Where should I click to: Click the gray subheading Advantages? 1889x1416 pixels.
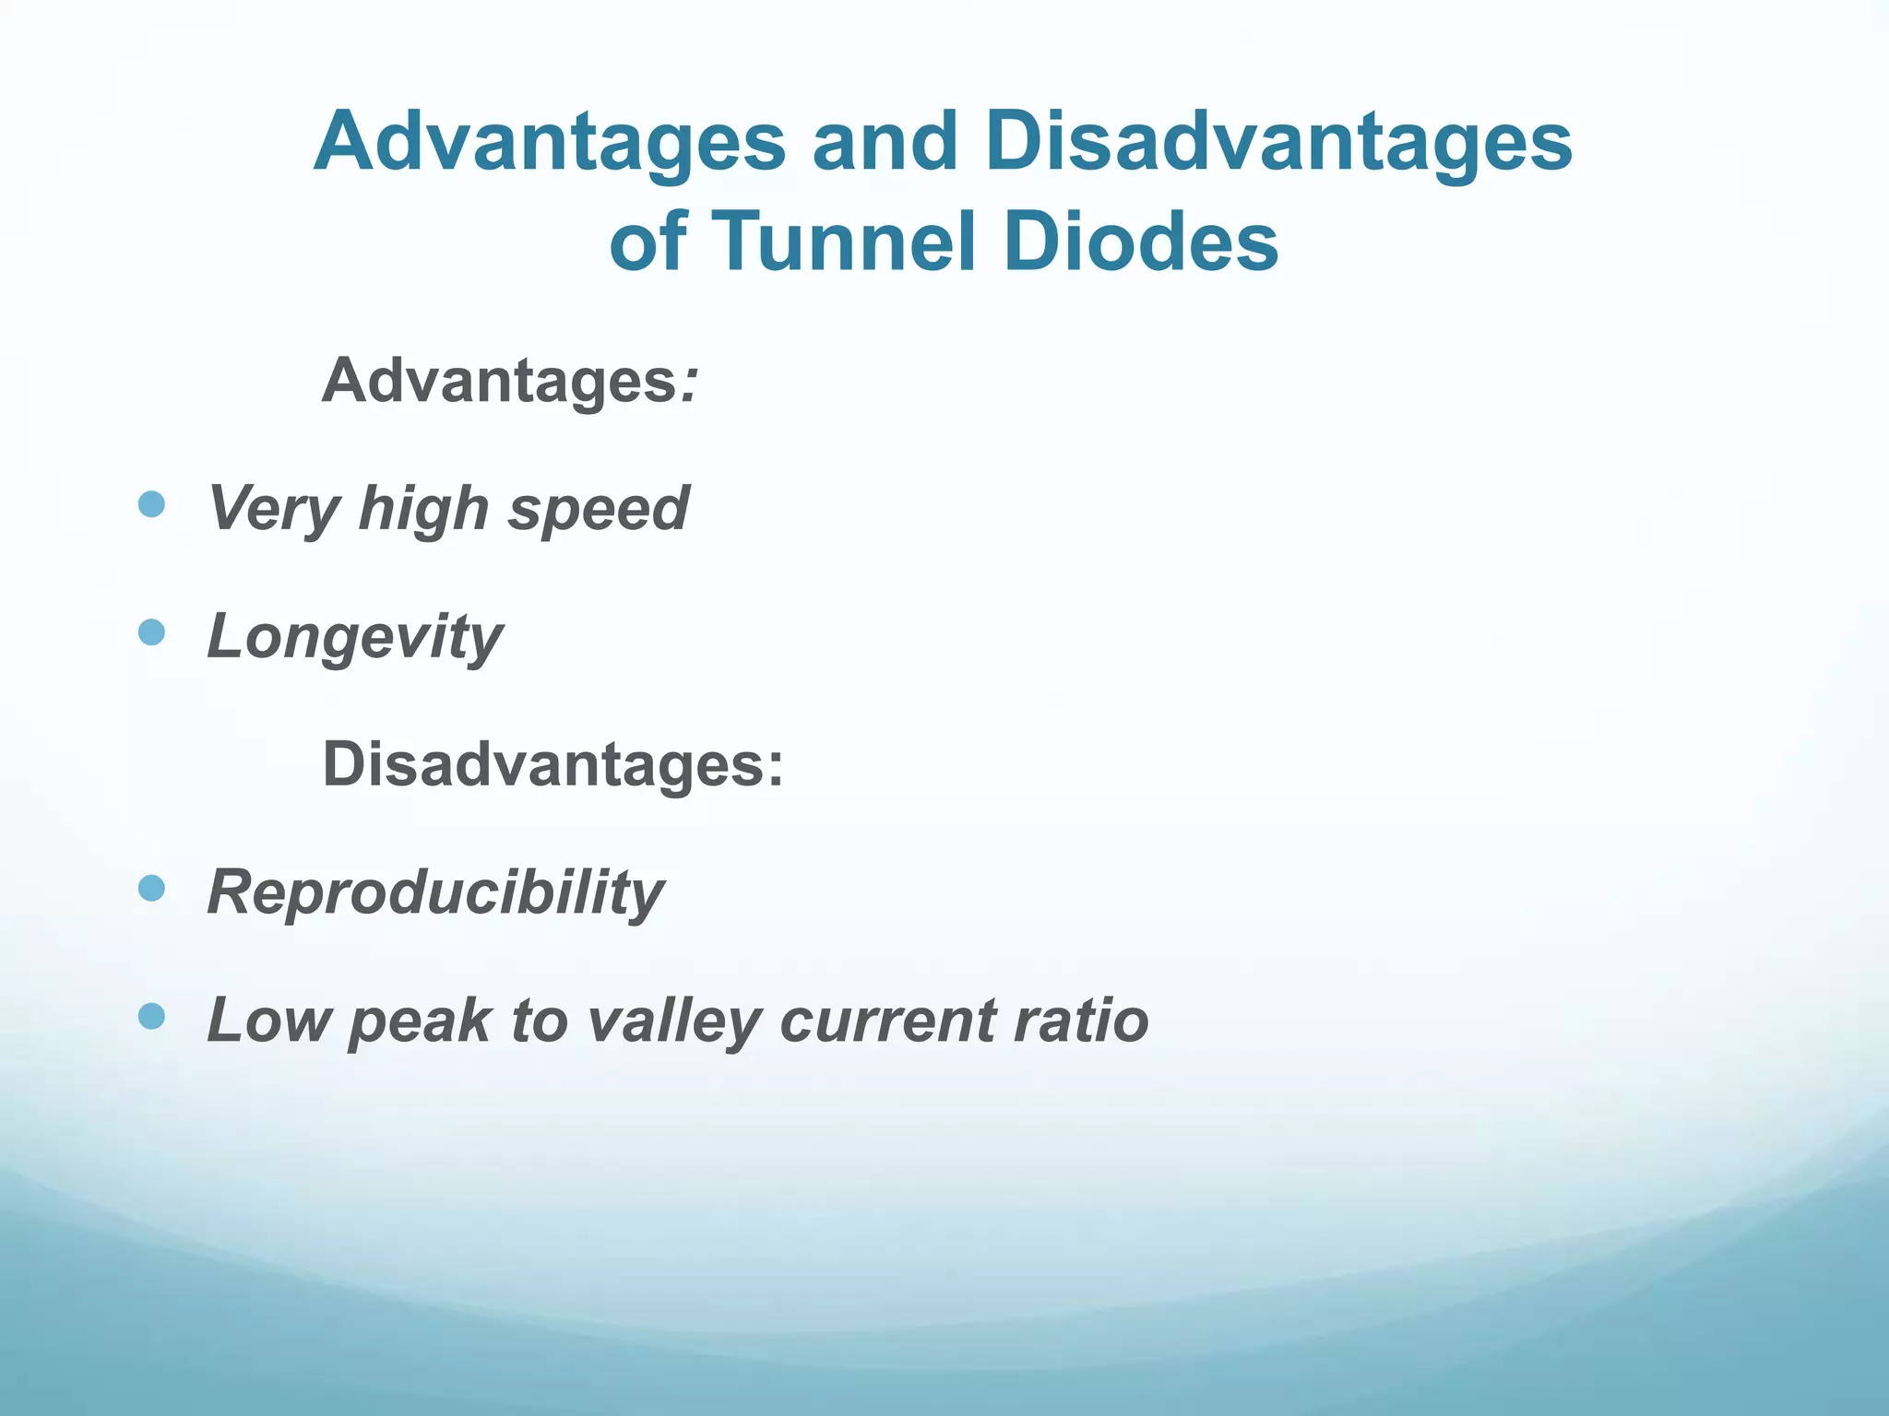point(510,380)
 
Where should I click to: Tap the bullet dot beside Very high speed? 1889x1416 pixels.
point(151,504)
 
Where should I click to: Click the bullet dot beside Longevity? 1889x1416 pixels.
point(151,632)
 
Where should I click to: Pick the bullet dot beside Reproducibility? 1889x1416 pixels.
point(151,889)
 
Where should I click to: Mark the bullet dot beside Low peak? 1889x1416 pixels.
point(151,1017)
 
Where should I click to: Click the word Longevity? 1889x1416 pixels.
point(355,637)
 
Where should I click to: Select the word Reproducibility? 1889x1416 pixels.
point(435,892)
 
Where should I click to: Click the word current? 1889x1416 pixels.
point(887,1021)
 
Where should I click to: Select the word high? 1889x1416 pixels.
point(423,509)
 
